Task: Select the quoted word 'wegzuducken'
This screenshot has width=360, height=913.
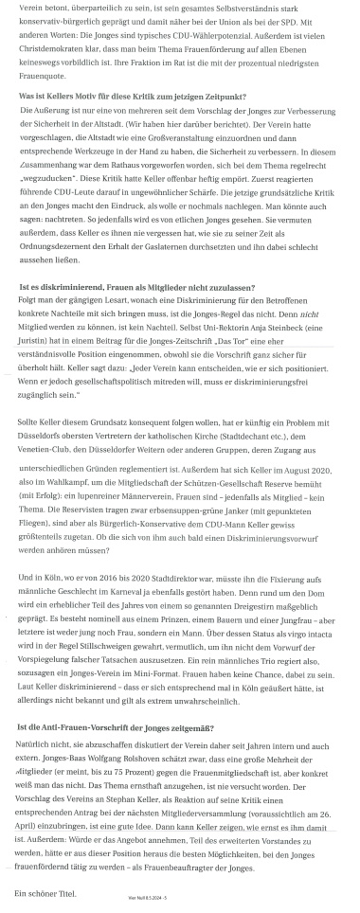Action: click(52, 214)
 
